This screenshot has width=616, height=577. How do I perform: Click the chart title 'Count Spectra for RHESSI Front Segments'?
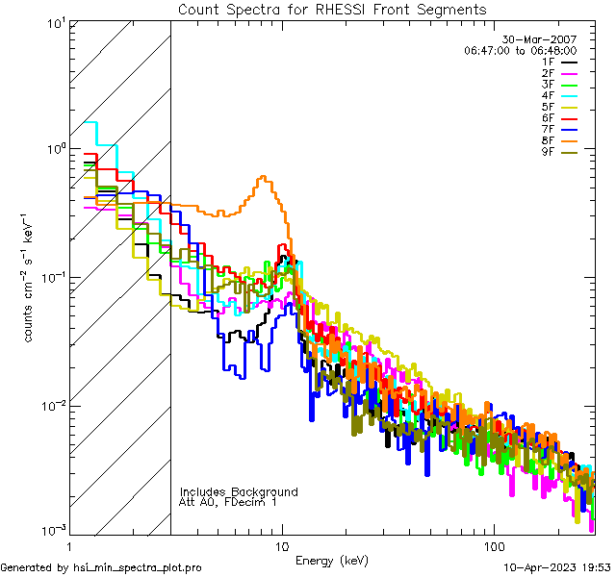coord(332,9)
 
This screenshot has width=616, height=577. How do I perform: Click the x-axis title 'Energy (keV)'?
coord(331,560)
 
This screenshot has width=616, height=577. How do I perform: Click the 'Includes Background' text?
coord(238,491)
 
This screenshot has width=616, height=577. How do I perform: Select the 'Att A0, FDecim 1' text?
coord(228,502)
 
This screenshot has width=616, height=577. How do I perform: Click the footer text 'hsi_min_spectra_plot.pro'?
coord(140,567)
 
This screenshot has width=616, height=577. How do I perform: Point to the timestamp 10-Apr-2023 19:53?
coord(556,567)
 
